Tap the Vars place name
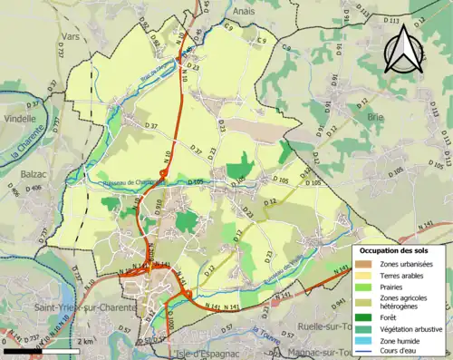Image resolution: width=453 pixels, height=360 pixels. tap(71, 38)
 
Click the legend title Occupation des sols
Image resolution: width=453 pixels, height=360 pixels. tap(395, 249)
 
